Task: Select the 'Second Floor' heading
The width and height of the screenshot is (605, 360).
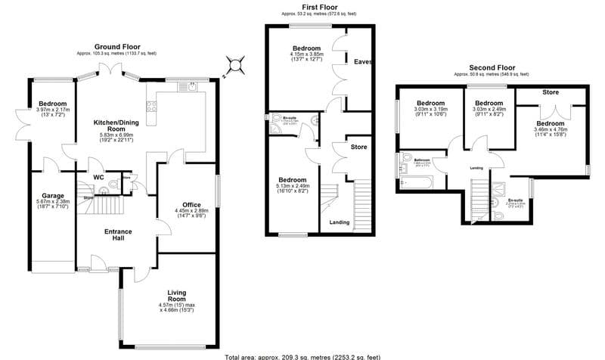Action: [491, 67]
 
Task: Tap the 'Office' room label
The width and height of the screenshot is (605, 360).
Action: [191, 205]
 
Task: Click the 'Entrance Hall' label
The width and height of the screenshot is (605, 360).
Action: [118, 235]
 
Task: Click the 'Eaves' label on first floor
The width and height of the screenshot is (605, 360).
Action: [362, 62]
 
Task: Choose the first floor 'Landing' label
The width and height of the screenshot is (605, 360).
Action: [339, 222]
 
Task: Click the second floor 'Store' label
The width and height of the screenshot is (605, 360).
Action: [551, 92]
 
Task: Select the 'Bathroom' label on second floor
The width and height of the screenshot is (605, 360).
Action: [422, 160]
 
